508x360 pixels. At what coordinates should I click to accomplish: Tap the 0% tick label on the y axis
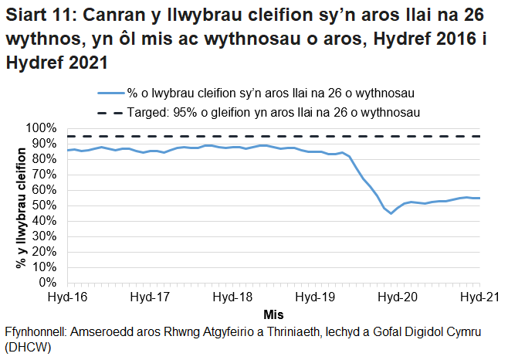point(49,283)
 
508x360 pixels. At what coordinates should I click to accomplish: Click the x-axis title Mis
point(273,315)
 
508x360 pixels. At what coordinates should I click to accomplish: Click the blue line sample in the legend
point(107,93)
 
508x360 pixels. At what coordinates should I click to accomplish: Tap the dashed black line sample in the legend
point(107,112)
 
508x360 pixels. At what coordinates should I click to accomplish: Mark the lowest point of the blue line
point(391,213)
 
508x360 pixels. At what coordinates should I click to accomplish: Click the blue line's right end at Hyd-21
point(479,199)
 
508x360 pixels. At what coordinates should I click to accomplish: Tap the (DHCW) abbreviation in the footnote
point(28,348)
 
